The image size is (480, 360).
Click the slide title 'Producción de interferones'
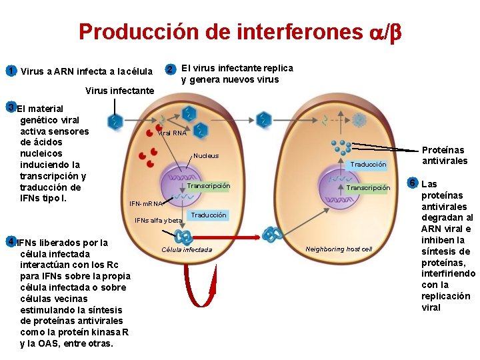tap(240, 32)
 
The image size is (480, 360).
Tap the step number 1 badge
tap(10, 71)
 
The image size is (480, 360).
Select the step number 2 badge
tap(171, 69)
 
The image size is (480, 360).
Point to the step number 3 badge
tap(10, 107)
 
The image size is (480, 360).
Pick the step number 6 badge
tap(413, 183)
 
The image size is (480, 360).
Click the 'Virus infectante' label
tap(120, 91)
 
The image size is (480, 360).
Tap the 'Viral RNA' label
tap(172, 133)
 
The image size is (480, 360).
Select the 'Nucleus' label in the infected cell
tap(206, 155)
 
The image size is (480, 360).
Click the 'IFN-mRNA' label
tap(146, 203)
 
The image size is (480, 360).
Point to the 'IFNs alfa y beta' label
tap(159, 220)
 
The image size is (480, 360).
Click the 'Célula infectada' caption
tap(187, 250)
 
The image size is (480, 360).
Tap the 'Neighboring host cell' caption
tap(339, 249)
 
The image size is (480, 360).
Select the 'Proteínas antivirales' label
tap(445, 155)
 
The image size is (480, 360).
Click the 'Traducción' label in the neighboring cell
tap(368, 164)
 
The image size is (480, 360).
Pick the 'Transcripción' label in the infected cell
tap(208, 186)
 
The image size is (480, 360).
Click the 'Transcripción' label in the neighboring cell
tap(368, 188)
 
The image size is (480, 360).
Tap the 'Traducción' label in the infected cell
tap(208, 215)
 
